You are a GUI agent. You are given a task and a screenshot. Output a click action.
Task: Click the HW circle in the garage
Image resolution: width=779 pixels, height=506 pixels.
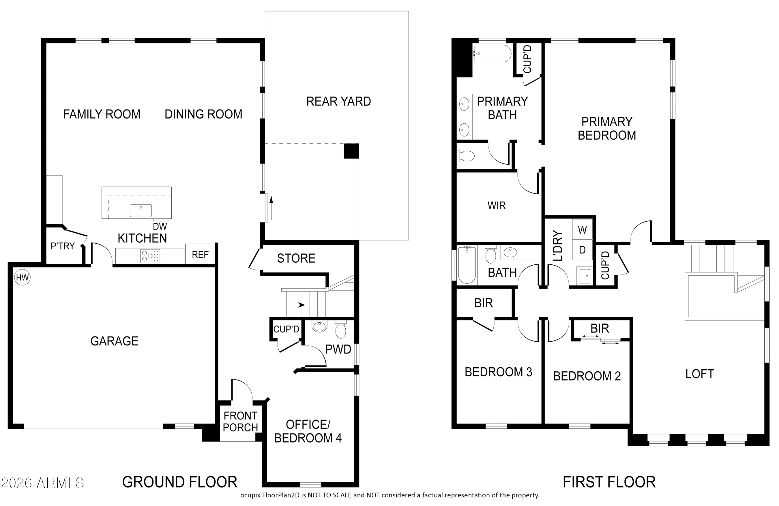pos(22,278)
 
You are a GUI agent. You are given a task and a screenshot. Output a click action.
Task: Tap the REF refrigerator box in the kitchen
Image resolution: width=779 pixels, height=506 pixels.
pos(200,255)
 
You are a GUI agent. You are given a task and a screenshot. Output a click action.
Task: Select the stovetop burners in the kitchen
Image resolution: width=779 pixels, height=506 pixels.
pos(150,256)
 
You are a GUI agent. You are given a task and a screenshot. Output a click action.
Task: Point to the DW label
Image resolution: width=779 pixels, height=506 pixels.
pos(160,226)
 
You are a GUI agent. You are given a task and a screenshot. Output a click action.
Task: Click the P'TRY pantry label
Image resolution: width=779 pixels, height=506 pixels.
pos(63,246)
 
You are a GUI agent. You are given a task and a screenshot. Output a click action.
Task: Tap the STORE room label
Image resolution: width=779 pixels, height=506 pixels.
pos(296,258)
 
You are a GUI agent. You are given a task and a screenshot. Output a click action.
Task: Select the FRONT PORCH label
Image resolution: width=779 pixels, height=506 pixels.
pos(241,421)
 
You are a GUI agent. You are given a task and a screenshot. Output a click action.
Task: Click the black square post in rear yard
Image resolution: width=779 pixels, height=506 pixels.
pos(351,151)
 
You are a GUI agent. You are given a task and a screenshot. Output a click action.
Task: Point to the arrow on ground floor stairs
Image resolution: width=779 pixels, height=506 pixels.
pos(300,305)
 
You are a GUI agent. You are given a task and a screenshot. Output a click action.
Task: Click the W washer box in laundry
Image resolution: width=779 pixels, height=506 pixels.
pos(582,230)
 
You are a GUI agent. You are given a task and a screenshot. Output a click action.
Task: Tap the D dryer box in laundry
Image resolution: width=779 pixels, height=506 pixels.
pos(582,250)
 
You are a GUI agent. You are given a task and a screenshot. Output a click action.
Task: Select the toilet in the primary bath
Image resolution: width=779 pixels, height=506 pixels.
pos(467,156)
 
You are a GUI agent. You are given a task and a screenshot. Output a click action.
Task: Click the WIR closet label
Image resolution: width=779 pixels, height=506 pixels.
pos(497,205)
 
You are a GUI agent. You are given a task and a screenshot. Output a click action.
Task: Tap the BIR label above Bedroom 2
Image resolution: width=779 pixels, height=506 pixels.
pos(600,328)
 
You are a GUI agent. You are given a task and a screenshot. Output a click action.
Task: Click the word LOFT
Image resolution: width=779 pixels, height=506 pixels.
pos(699,374)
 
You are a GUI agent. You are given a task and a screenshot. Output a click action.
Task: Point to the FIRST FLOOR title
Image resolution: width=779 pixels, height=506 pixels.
pos(609,482)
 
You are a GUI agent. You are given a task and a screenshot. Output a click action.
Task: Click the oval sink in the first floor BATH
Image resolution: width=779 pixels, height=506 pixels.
pos(510,252)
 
